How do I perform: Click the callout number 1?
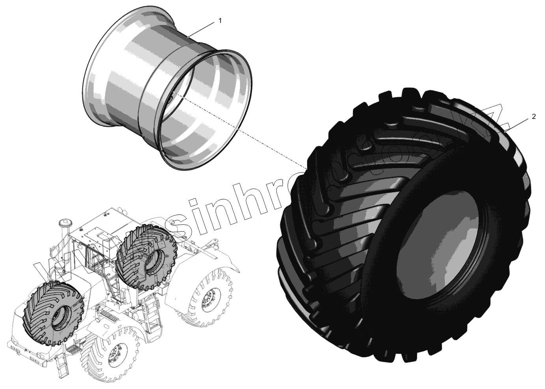click(x=220, y=21)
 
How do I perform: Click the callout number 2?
click(x=534, y=117)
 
